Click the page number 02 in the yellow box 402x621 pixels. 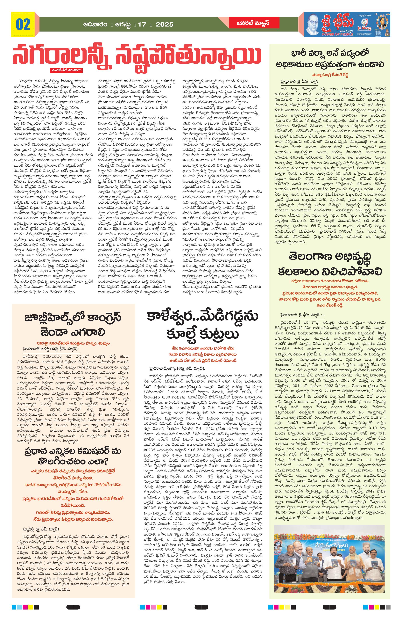[x=23, y=24]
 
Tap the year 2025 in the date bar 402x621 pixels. [x=164, y=25]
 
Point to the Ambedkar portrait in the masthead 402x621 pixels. [x=315, y=24]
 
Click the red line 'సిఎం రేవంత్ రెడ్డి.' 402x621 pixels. [x=330, y=305]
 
